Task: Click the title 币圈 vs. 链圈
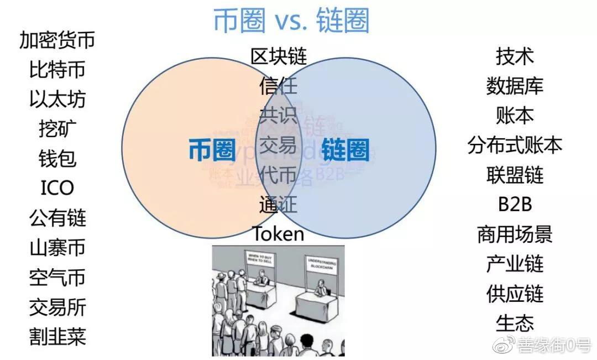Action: pos(291,21)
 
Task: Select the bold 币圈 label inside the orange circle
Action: pos(212,149)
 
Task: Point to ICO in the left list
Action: pos(57,188)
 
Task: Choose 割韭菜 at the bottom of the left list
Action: pos(57,336)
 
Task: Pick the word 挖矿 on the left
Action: pos(57,129)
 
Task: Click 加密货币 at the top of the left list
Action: pos(57,40)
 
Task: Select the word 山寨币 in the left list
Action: pos(57,247)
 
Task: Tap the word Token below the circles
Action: pos(278,234)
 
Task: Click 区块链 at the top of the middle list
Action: pos(278,56)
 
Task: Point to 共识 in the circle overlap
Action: pos(278,115)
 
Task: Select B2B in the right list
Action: pos(515,204)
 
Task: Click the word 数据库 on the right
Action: pos(515,86)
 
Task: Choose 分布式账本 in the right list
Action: pos(515,145)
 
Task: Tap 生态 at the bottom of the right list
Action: pos(515,323)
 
